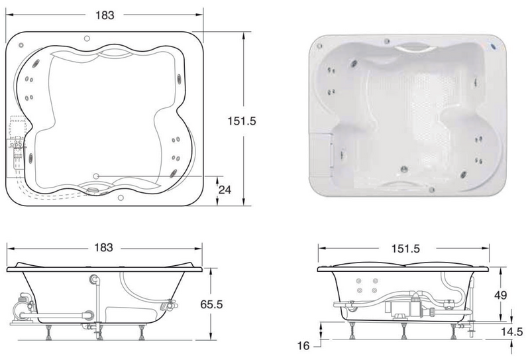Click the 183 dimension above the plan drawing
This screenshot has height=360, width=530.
point(105,15)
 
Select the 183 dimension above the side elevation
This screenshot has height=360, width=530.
point(103,248)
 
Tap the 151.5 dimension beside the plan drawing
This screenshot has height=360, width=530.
point(242,121)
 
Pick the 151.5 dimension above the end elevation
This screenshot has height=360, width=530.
point(405,249)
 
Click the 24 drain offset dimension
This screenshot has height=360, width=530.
point(225,190)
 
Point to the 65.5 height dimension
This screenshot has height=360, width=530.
point(211,304)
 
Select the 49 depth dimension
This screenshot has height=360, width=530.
point(501,296)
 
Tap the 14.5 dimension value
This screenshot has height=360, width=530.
point(511,332)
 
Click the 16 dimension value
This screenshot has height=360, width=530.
point(303,345)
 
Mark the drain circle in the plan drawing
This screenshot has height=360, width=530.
point(96,176)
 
